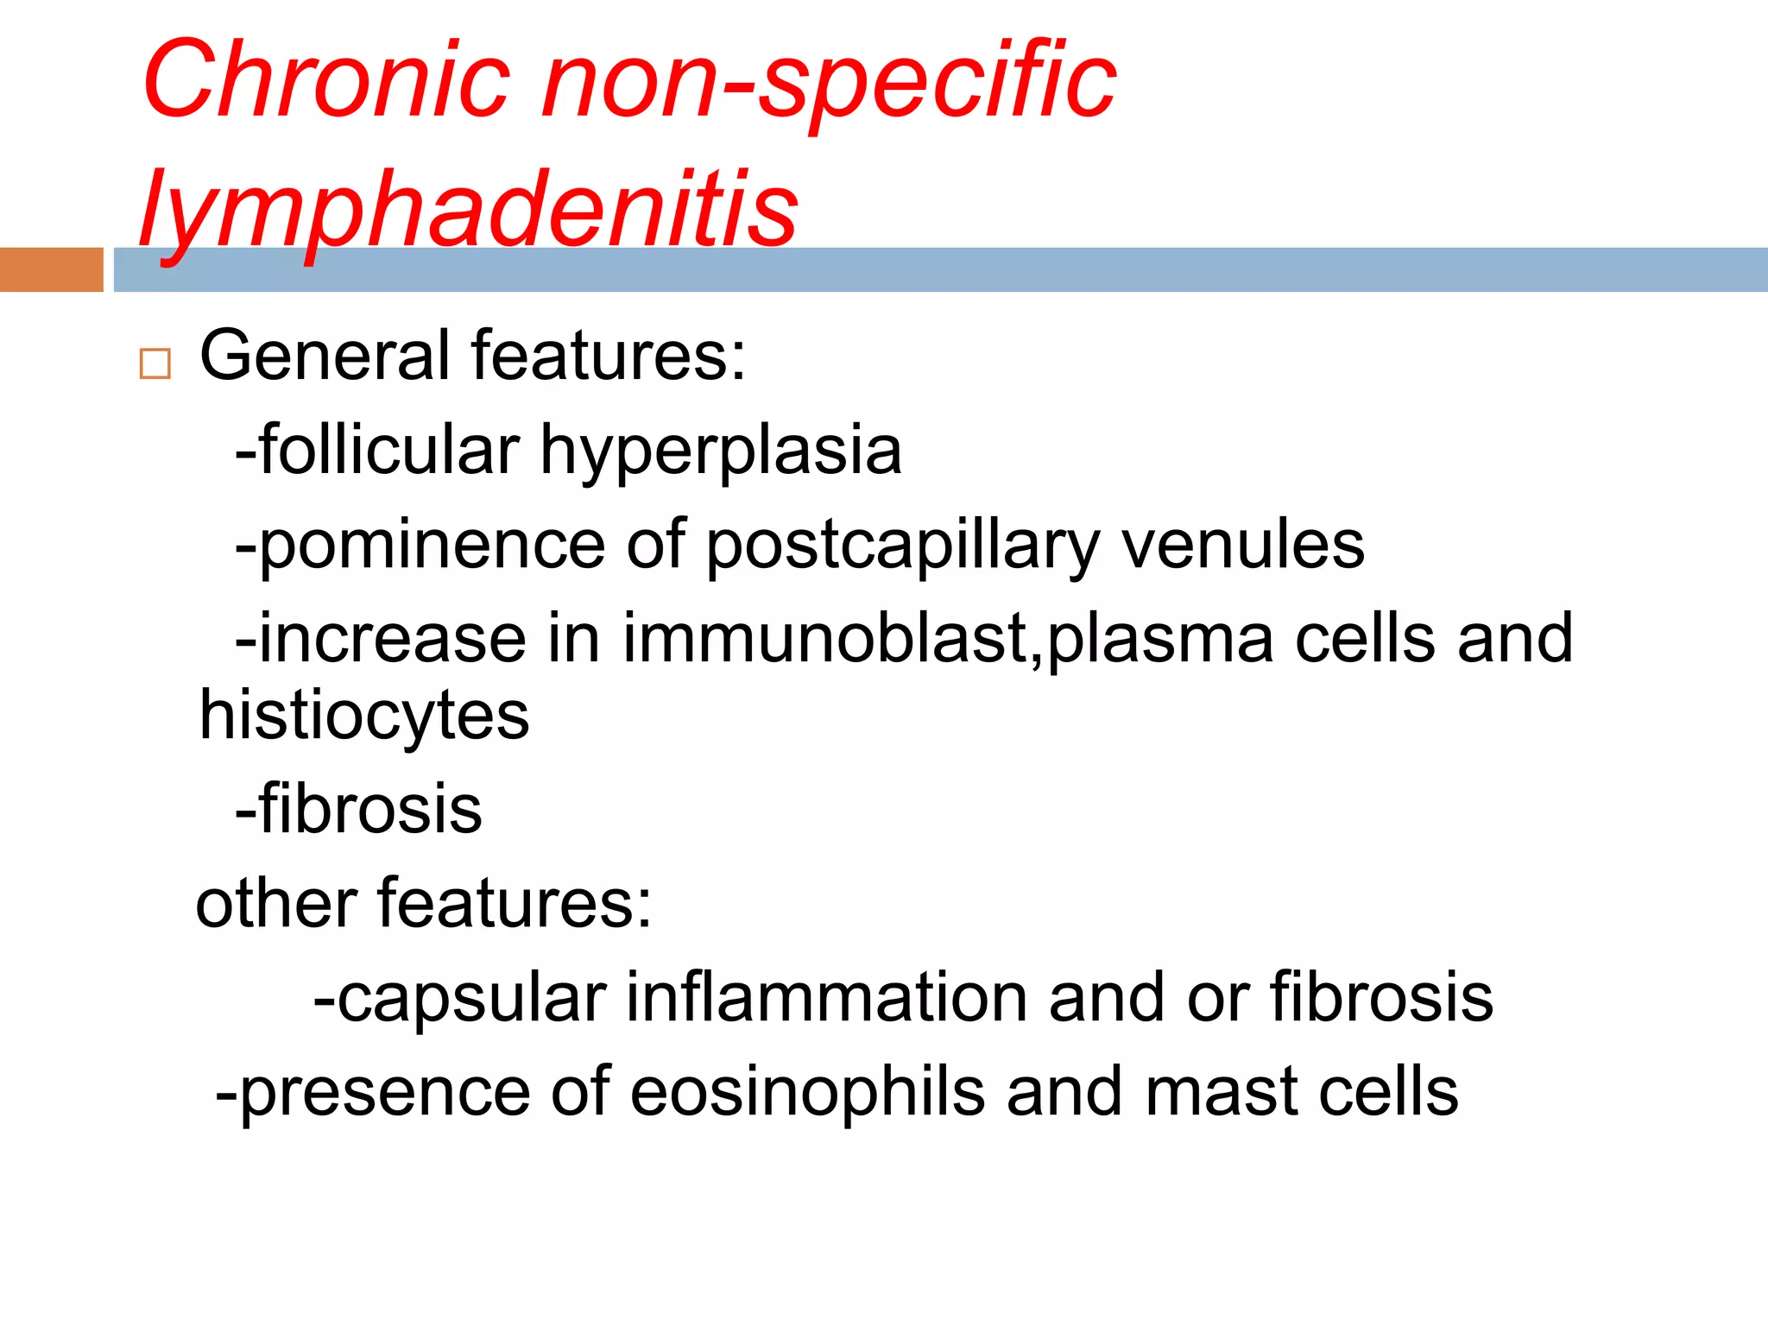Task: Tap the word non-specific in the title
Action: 829,82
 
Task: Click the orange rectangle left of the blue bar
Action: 51,269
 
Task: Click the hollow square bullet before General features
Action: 155,363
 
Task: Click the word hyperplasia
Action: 721,451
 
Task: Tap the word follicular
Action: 389,450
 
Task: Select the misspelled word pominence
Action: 432,546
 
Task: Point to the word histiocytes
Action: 363,717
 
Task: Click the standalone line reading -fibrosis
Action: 359,810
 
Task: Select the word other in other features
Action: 276,904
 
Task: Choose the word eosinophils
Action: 807,1092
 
